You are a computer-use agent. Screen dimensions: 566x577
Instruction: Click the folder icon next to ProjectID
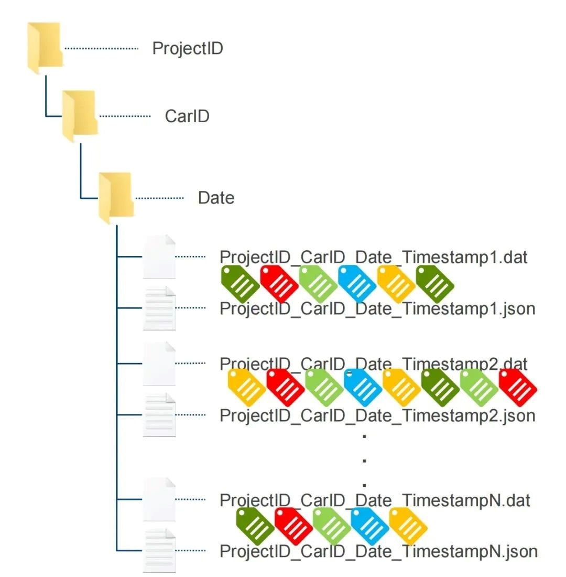point(45,48)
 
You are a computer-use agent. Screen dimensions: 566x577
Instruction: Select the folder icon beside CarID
point(80,116)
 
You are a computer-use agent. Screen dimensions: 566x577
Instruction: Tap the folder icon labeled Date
point(116,198)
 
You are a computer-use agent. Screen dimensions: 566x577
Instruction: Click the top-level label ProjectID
point(188,48)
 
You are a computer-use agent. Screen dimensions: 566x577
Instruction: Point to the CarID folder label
point(187,116)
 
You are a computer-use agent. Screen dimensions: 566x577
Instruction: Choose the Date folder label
point(216,198)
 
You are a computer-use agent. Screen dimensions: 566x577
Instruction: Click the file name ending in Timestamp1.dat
point(373,257)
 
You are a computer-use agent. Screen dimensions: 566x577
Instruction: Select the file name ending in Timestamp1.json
point(377,309)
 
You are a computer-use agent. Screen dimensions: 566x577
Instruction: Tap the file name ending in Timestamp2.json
point(377,415)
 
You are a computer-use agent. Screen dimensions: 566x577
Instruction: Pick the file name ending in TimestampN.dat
point(375,500)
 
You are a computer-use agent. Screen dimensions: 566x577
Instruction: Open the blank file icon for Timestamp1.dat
point(159,257)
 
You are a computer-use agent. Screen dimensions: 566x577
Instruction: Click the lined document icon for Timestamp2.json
point(159,415)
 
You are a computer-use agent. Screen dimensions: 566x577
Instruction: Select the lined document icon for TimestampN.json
point(159,550)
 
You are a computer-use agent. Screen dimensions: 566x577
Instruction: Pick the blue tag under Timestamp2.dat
point(363,388)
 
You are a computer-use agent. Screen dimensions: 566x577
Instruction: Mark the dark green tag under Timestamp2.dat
point(440,388)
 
